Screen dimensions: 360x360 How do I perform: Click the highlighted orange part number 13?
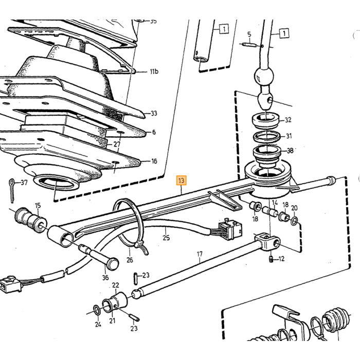[x=181, y=181]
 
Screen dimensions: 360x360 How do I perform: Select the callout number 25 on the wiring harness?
[x=166, y=237]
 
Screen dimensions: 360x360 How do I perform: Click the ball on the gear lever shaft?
[x=264, y=76]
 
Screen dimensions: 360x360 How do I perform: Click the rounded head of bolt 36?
[x=112, y=264]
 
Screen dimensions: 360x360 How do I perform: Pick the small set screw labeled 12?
[x=271, y=259]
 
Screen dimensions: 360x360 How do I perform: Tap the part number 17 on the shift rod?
[x=200, y=254]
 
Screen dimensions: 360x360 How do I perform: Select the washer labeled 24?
[x=97, y=311]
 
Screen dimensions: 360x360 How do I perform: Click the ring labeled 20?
[x=294, y=221]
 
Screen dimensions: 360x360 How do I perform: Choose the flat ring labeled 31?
[x=266, y=137]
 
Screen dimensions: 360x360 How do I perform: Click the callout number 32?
[x=288, y=120]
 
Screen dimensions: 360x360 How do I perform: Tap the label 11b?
[x=154, y=71]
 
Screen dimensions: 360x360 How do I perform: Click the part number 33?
[x=154, y=113]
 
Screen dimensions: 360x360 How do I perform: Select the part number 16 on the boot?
[x=154, y=161]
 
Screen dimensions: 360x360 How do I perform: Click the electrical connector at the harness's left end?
[x=11, y=284]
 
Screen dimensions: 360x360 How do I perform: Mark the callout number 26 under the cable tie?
[x=130, y=260]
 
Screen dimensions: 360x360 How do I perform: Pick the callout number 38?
[x=290, y=151]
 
